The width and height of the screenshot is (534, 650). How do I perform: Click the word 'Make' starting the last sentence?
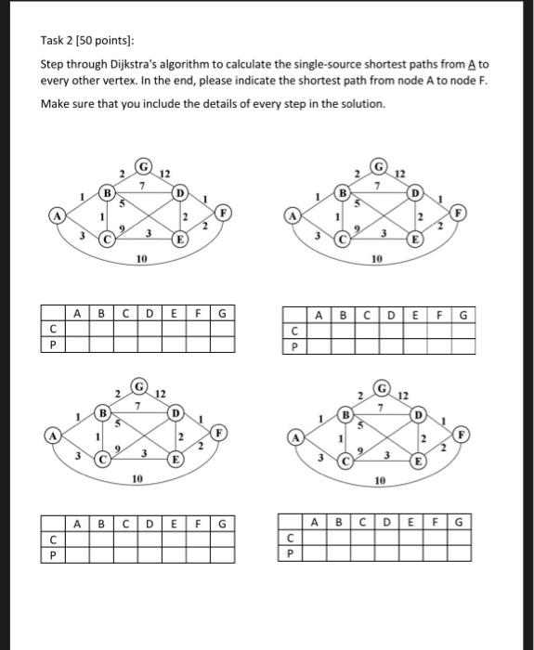[55, 103]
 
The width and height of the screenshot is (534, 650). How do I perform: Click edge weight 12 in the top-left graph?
[165, 175]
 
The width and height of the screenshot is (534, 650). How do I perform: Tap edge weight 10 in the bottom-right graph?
[381, 481]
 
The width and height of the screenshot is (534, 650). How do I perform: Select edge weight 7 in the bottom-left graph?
[137, 406]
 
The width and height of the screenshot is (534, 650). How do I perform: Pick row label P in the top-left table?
[55, 345]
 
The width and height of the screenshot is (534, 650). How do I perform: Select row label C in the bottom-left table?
[55, 539]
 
